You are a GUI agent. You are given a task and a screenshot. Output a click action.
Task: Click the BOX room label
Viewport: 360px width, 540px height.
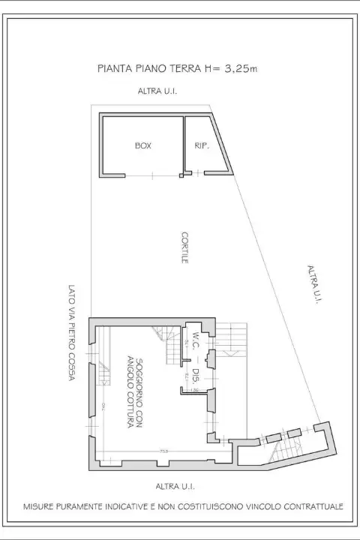click(x=142, y=146)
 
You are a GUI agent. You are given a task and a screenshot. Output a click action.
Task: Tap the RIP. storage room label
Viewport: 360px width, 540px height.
click(x=200, y=146)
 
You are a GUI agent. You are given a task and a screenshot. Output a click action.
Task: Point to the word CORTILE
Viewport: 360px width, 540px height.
click(x=184, y=247)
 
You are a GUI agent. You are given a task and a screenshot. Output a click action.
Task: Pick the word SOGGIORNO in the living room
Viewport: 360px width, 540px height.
click(x=140, y=383)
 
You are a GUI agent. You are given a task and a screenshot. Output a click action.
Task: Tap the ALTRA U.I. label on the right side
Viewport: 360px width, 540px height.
click(x=314, y=284)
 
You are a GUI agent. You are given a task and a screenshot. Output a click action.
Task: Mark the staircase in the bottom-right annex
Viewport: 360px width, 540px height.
click(x=284, y=450)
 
